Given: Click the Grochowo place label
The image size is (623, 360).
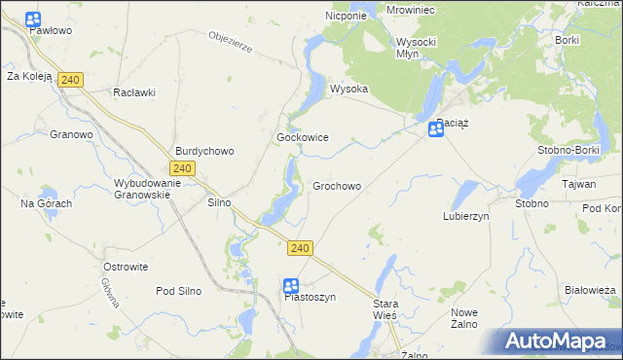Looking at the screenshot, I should pos(337,186).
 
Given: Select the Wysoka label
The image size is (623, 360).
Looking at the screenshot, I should pos(348,89).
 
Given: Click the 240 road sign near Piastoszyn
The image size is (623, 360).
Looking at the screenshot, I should pos(300,249).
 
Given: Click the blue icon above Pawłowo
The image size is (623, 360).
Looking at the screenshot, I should pos(33,18).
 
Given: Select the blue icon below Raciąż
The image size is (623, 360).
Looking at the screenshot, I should pos(436,129).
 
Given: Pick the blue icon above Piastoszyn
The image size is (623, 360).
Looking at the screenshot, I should pos(291,285).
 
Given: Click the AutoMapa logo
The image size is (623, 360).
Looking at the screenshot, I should pos(556,342).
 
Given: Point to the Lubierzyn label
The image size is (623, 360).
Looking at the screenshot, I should pos(465,216).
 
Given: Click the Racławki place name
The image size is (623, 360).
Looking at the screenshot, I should pos(134,92).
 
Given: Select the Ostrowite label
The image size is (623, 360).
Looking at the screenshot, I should pos(125,266).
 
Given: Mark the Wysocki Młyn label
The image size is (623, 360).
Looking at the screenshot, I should pos(420,48).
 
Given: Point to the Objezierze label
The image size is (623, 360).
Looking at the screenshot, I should pos(231,44).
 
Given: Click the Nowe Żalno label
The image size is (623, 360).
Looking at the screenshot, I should pos(463,317).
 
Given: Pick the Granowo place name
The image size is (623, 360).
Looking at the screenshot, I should pos(70,135).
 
